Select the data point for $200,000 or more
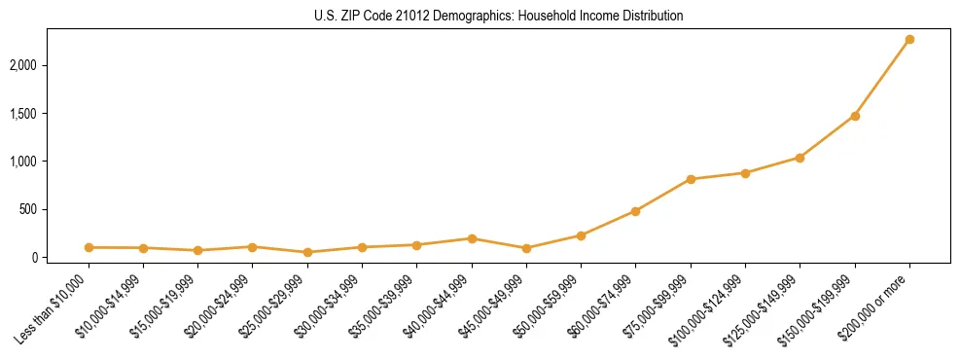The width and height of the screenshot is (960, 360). (909, 40)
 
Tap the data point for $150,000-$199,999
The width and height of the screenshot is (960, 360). (855, 116)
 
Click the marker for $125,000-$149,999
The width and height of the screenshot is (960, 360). (800, 158)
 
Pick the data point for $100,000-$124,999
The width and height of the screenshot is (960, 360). (745, 173)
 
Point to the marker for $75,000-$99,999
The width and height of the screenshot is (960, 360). (691, 179)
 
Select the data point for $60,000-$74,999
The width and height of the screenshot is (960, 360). (635, 211)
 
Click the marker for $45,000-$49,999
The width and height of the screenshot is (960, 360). (526, 248)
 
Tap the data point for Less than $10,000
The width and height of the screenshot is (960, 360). (89, 247)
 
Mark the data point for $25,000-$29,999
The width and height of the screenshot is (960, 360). (307, 252)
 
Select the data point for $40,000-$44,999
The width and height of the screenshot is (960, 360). (472, 238)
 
